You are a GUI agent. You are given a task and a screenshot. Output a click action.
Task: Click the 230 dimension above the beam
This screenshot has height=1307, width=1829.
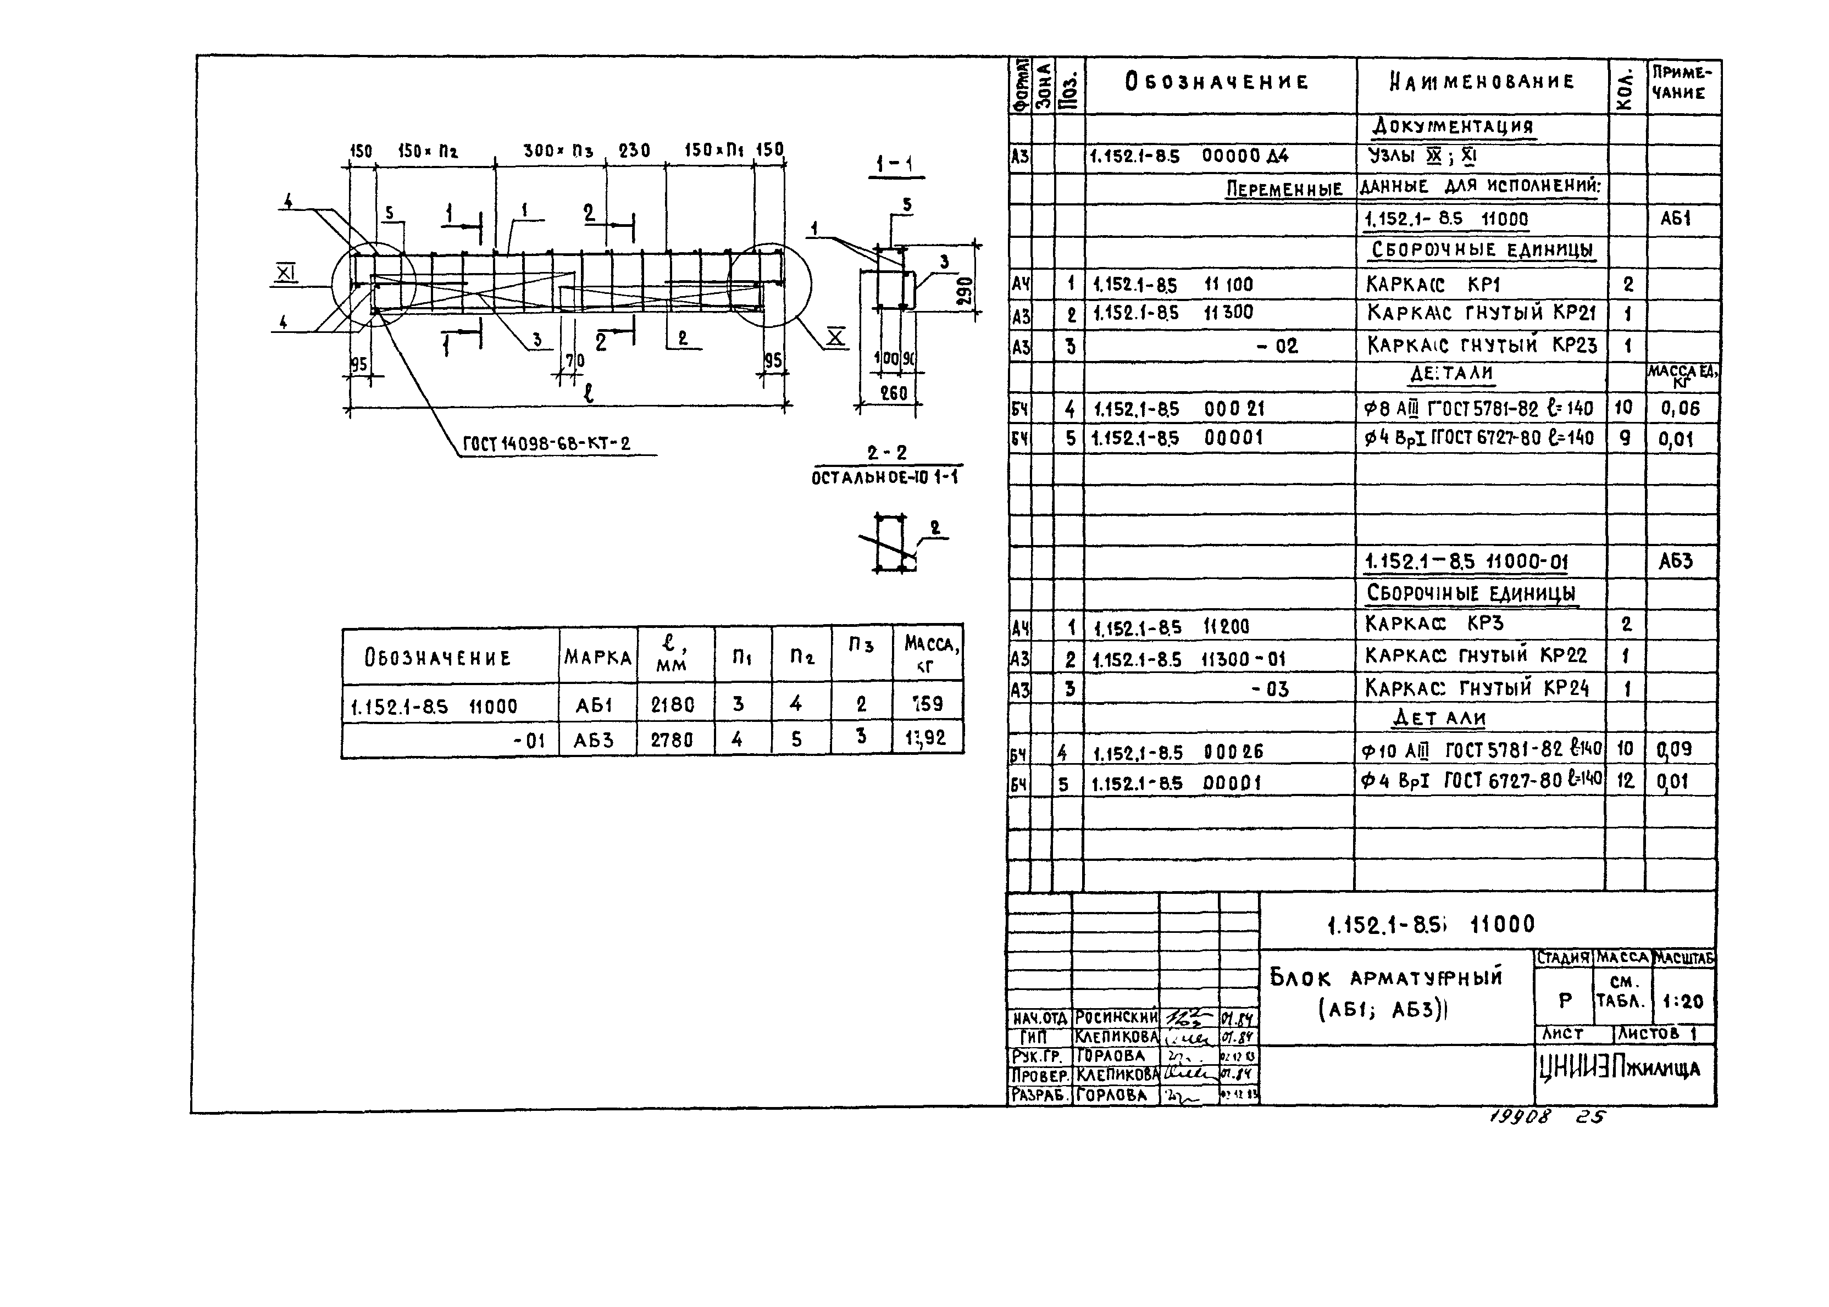(634, 151)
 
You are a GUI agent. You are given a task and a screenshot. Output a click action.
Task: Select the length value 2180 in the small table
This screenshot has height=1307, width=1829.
(672, 705)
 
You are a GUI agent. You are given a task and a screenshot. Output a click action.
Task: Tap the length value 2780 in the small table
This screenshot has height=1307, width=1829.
(672, 739)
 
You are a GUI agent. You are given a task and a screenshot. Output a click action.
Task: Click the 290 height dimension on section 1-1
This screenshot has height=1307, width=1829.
(965, 290)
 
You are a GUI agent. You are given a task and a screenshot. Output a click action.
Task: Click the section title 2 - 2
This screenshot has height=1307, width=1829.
(886, 453)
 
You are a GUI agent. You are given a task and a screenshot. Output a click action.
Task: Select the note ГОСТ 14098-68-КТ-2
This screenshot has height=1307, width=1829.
(547, 443)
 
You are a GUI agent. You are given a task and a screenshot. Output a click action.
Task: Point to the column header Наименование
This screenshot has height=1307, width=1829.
(1481, 81)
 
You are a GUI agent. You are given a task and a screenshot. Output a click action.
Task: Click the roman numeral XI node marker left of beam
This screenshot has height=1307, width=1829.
(285, 274)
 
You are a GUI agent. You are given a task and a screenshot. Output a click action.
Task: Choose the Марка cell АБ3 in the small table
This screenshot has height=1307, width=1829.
(594, 739)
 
